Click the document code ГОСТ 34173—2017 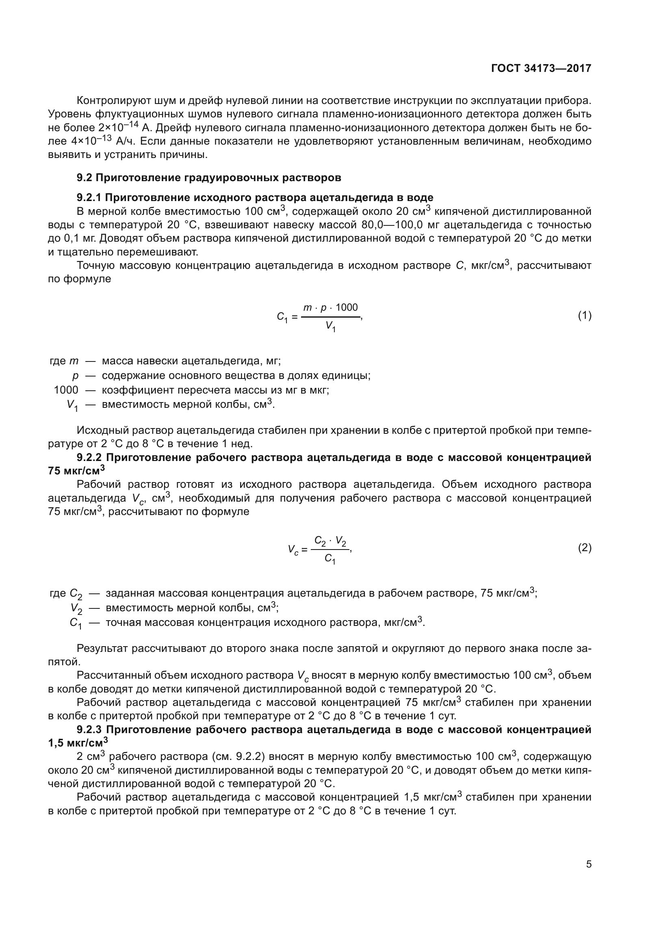point(541,68)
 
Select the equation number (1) point(584,316)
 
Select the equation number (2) point(584,548)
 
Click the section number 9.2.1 point(89,197)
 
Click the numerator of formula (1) point(330,307)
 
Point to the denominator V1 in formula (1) point(330,326)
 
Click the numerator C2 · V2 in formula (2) point(330,541)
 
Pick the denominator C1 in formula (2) point(330,558)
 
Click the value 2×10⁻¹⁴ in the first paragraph point(117,127)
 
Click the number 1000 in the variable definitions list point(66,390)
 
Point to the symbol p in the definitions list point(75,376)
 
